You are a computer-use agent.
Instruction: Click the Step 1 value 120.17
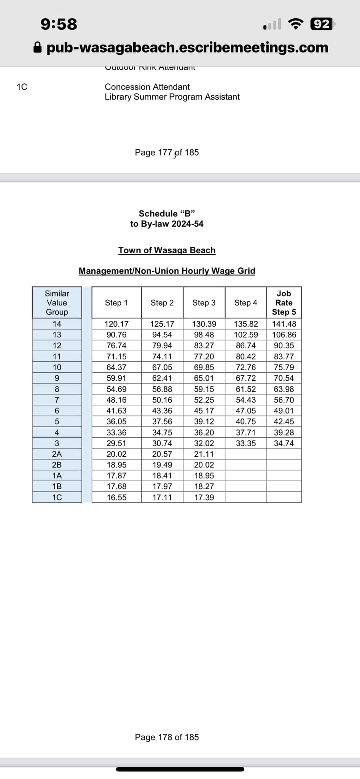pos(116,324)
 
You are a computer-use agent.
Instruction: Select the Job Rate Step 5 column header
pos(284,303)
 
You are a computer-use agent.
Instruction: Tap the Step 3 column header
pos(204,303)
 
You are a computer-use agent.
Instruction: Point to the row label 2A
pos(57,454)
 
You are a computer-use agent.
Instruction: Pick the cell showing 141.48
pos(284,324)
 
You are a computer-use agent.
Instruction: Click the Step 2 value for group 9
pos(162,378)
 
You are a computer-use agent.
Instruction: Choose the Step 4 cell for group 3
pos(246,443)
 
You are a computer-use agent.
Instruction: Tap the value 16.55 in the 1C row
pos(116,498)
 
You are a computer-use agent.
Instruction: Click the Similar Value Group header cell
pos(57,303)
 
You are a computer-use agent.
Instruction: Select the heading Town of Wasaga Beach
pos(167,250)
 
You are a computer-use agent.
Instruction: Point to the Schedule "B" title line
pos(167,213)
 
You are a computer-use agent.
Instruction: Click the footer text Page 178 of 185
pos(167,737)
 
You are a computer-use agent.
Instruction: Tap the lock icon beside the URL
pos(37,48)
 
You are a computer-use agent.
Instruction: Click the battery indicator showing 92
pos(322,24)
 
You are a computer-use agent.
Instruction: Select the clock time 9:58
pos(59,24)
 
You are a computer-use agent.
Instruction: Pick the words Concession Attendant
pos(147,87)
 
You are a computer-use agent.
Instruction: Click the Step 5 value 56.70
pos(284,400)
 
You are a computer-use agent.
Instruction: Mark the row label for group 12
pos(57,346)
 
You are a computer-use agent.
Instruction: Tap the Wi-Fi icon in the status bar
pos(296,24)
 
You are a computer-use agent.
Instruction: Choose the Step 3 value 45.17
pos(204,411)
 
